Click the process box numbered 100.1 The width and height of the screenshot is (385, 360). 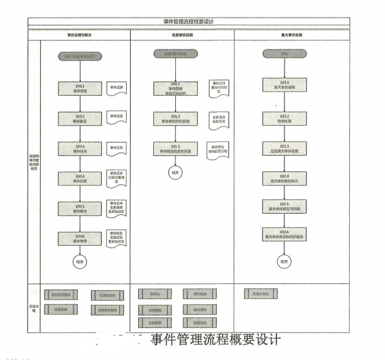pyautogui.click(x=80, y=89)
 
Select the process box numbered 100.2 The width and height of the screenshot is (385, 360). pyautogui.click(x=80, y=119)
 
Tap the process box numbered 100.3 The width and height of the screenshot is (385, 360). pyautogui.click(x=80, y=149)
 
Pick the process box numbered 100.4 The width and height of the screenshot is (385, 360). pyautogui.click(x=80, y=179)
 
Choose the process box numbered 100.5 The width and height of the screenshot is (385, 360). pyautogui.click(x=80, y=209)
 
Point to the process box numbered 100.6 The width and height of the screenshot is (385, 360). pyautogui.click(x=80, y=239)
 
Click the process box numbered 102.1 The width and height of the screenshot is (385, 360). pyautogui.click(x=285, y=86)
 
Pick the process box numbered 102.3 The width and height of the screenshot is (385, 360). pyautogui.click(x=285, y=148)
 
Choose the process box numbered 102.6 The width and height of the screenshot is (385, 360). pyautogui.click(x=285, y=236)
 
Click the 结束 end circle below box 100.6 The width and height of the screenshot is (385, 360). pyautogui.click(x=80, y=261)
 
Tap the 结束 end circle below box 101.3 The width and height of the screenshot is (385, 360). pyautogui.click(x=175, y=172)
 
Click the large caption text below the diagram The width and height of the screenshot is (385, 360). pyautogui.click(x=214, y=340)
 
